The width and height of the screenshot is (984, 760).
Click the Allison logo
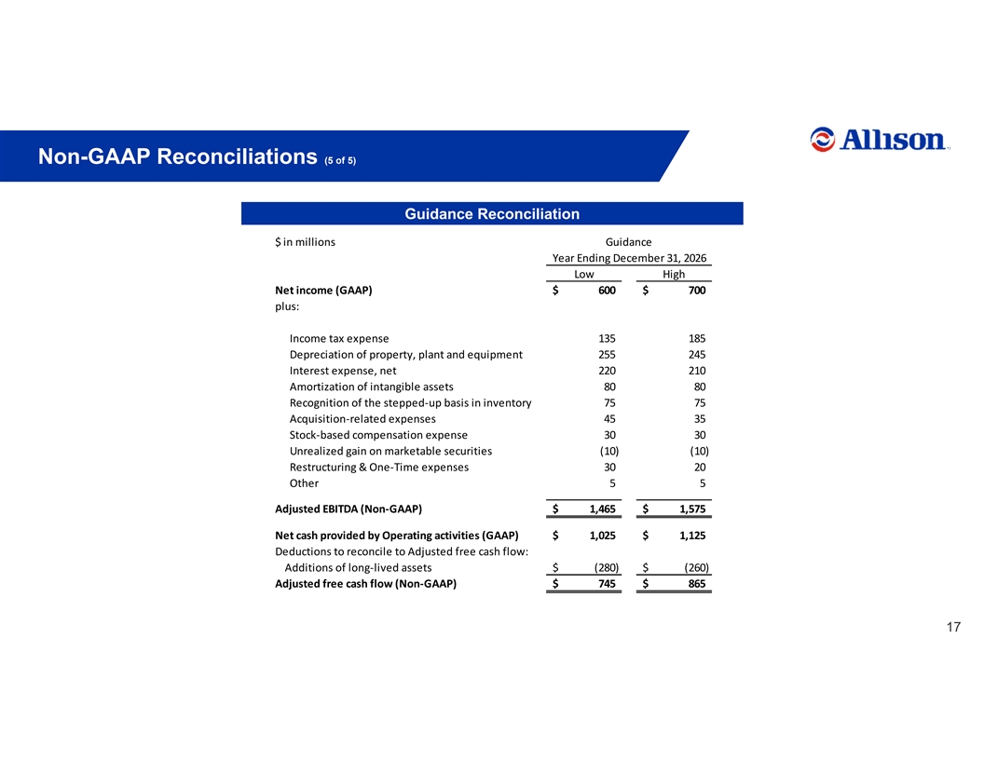[x=880, y=139]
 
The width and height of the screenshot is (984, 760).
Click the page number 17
[x=953, y=627]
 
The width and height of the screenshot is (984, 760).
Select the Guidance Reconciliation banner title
[x=492, y=214]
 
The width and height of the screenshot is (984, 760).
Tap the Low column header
[x=583, y=274]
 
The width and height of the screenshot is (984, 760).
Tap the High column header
[x=674, y=274]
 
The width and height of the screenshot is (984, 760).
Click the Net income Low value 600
[x=607, y=291]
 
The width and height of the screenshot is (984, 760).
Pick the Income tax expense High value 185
[x=697, y=339]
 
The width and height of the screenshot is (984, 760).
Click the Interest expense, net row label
[x=343, y=371]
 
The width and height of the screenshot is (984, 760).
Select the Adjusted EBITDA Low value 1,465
[x=603, y=509]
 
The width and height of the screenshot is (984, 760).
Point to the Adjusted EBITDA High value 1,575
[x=692, y=509]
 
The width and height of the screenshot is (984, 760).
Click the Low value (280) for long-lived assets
[x=607, y=567]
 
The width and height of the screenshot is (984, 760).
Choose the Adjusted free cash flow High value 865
[x=697, y=584]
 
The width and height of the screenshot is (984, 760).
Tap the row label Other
[x=304, y=483]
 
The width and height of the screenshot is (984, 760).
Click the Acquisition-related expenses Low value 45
[x=609, y=419]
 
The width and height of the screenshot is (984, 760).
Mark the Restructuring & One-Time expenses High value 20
[x=700, y=468]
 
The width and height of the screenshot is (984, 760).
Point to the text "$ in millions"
[x=305, y=242]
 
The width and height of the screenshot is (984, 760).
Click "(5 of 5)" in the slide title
[x=340, y=160]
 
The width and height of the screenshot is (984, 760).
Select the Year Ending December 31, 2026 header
[x=629, y=258]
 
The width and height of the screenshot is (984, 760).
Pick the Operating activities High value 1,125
[x=692, y=536]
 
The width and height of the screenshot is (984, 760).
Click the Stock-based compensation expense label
[x=378, y=435]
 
